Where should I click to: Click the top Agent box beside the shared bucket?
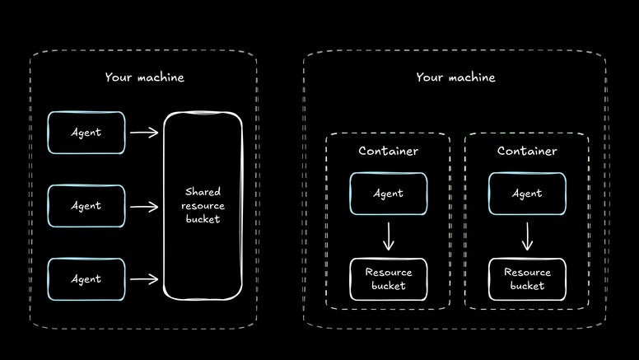[86, 133]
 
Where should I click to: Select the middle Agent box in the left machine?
[86, 206]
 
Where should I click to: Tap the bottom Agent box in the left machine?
[86, 279]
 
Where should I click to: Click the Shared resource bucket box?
[203, 206]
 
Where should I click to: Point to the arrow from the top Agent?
[144, 133]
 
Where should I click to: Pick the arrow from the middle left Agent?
[144, 206]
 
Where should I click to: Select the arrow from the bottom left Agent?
[144, 279]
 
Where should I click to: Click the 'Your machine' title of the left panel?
[144, 77]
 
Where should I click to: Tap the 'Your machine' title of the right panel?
[455, 77]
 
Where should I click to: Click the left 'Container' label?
[388, 152]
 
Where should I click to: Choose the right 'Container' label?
[527, 152]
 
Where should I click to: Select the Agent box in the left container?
[388, 194]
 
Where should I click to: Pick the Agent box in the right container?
[527, 194]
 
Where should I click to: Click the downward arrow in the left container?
[389, 236]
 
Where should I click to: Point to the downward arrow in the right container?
[527, 236]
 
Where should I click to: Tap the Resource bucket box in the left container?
[388, 279]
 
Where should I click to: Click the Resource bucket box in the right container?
[527, 279]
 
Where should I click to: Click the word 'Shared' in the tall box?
[203, 191]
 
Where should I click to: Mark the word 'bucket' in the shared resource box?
[203, 220]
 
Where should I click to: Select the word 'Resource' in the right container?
[527, 273]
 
